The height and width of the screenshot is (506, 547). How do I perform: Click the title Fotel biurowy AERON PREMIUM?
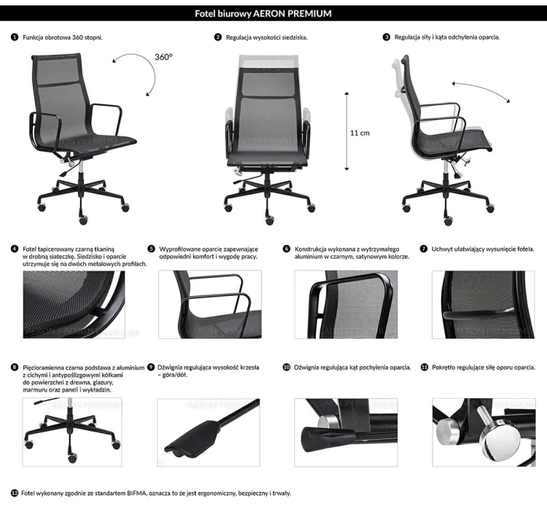pos(273,13)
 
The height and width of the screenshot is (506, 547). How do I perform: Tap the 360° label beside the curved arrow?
pos(163,56)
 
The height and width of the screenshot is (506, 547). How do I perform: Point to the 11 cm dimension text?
pos(360,133)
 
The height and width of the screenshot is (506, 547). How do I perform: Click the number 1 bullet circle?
pos(15,36)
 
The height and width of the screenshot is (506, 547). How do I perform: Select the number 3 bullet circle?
pos(386,36)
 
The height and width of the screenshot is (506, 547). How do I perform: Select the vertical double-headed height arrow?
pos(346,132)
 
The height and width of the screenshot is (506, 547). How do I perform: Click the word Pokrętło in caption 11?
pos(446,367)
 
